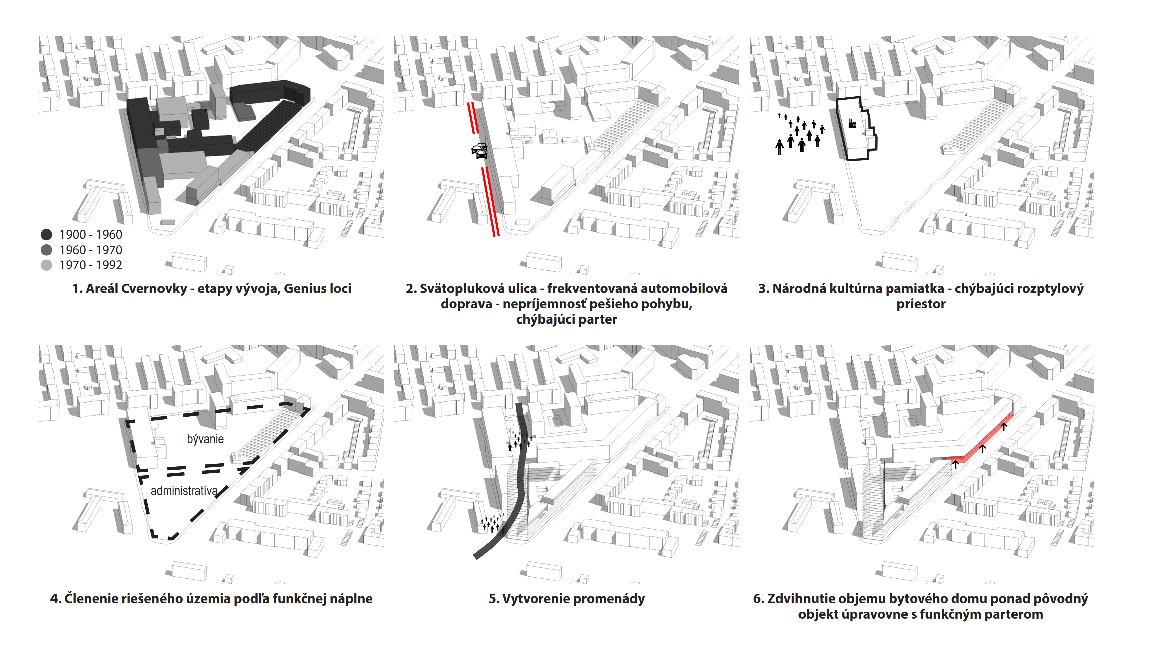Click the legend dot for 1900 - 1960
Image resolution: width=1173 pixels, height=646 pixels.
[46, 235]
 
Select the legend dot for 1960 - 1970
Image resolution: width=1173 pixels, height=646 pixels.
[46, 250]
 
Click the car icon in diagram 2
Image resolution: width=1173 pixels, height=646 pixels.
[479, 150]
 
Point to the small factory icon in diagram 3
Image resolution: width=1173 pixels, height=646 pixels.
[852, 123]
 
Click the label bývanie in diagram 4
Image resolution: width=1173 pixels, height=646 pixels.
[205, 439]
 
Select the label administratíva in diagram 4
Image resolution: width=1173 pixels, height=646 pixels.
[184, 491]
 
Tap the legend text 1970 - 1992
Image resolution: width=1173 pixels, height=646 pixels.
[91, 265]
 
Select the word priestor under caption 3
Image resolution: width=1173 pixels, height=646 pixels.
[921, 304]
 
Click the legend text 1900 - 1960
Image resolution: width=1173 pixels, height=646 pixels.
[91, 235]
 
